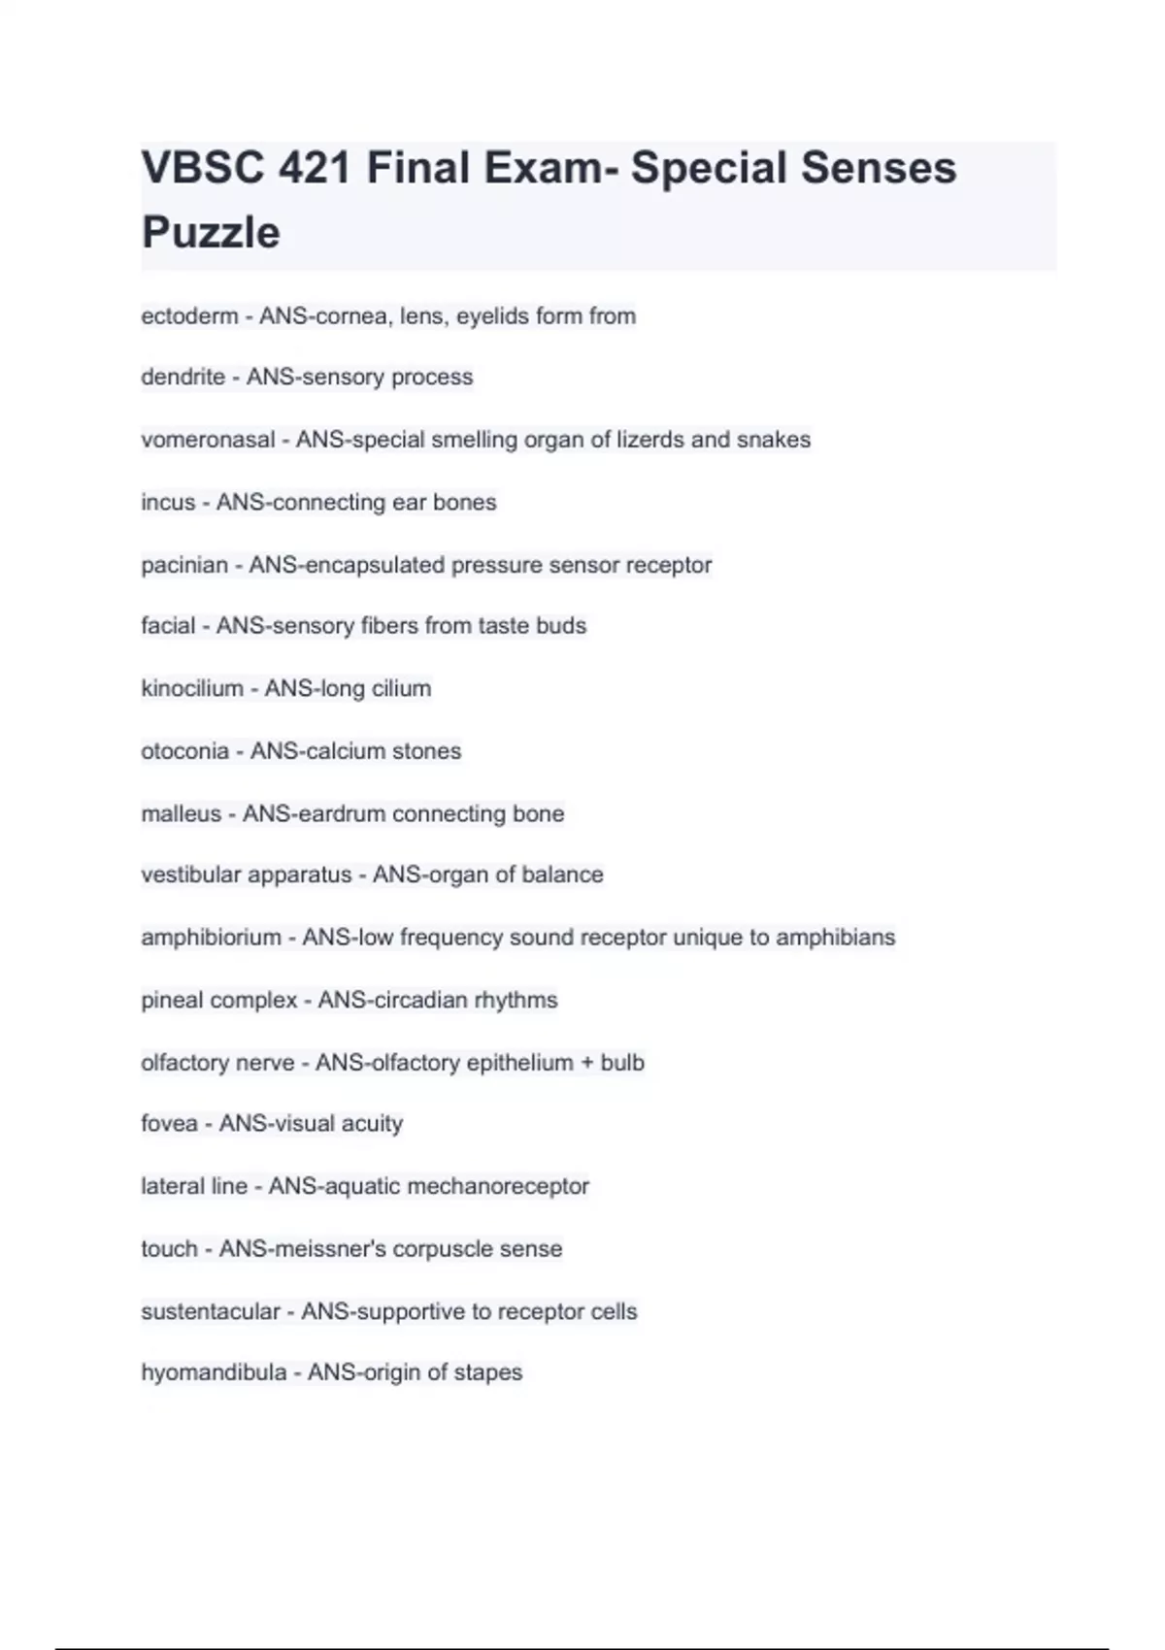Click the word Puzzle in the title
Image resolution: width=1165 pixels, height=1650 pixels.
click(211, 233)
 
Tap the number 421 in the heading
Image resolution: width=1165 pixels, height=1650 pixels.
click(314, 168)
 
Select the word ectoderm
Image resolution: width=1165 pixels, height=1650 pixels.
click(189, 316)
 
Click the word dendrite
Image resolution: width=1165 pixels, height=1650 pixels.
click(183, 378)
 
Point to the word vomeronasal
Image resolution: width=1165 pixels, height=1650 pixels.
click(208, 440)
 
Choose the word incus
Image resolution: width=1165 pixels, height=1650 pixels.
click(168, 503)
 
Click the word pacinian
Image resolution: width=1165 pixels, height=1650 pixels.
click(184, 565)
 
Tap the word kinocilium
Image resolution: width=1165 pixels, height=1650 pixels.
click(191, 689)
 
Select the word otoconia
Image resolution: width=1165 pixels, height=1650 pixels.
click(184, 751)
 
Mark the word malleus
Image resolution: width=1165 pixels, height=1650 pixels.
click(181, 813)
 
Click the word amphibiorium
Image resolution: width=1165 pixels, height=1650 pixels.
click(211, 938)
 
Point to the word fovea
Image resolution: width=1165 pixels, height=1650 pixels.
click(169, 1124)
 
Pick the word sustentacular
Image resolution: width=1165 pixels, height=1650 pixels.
click(210, 1312)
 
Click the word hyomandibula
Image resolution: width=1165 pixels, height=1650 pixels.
click(214, 1372)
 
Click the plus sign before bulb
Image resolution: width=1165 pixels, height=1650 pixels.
click(586, 1063)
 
